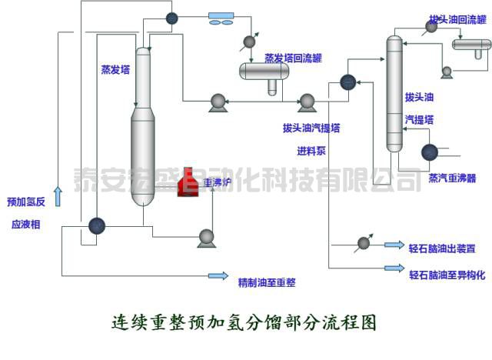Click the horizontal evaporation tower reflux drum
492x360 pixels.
pyautogui.click(x=264, y=72)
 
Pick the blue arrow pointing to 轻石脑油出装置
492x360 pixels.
pyautogui.click(x=394, y=245)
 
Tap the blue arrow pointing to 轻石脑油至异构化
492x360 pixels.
pyautogui.click(x=394, y=268)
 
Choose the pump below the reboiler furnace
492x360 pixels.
pyautogui.click(x=206, y=238)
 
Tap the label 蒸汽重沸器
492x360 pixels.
pyautogui.click(x=452, y=178)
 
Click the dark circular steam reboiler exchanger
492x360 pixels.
pyautogui.click(x=429, y=152)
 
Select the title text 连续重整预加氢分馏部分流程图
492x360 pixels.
pyautogui.click(x=244, y=322)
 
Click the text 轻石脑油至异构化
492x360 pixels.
pyautogui.click(x=447, y=275)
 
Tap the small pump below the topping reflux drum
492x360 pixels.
pyautogui.click(x=447, y=72)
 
